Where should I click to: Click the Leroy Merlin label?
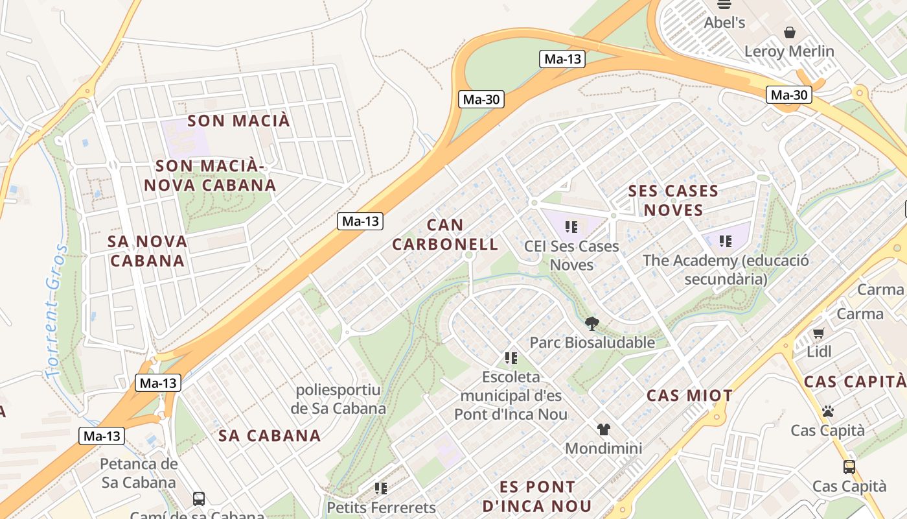pos(789,51)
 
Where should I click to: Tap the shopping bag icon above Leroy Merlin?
pos(790,32)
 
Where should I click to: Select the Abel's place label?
pos(724,23)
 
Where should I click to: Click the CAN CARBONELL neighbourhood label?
pos(445,235)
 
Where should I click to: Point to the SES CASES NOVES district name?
pos(673,200)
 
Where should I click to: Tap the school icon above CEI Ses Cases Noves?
pos(571,227)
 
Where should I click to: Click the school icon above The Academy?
pos(726,241)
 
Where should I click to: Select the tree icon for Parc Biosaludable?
pos(591,323)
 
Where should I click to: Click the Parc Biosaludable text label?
pos(592,343)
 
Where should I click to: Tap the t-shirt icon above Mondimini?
pos(604,429)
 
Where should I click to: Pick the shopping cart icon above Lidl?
pos(819,333)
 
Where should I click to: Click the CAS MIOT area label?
pos(689,396)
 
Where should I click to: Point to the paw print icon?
pos(827,411)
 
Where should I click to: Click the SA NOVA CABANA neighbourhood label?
pos(148,251)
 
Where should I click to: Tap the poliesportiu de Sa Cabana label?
pos(338,399)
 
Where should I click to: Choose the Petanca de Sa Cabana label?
pos(139,473)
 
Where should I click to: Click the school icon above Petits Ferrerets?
pos(381,488)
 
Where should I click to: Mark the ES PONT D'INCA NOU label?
pos(537,496)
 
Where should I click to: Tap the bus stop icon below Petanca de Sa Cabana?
pos(199,499)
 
